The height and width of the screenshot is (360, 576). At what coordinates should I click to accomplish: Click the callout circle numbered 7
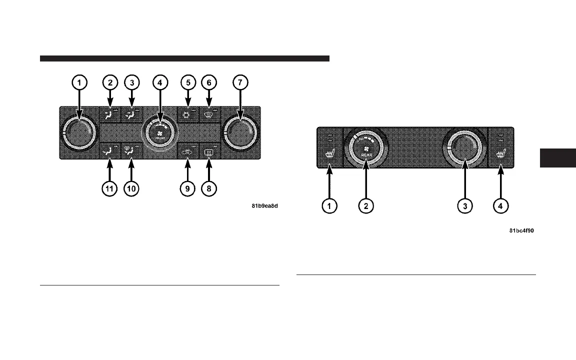click(240, 82)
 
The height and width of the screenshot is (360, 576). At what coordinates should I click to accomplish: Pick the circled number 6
click(209, 82)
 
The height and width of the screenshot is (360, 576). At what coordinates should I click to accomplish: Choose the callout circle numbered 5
click(187, 82)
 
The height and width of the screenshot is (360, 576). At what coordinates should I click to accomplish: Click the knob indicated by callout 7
click(241, 132)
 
